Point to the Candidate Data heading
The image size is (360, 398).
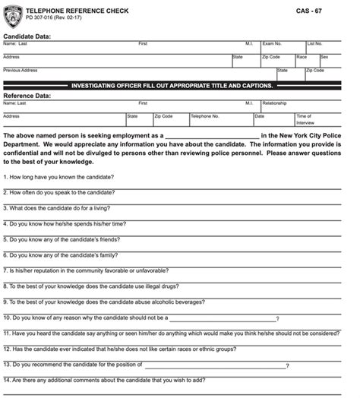27,36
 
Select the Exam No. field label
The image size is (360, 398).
272,44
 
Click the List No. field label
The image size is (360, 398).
314,44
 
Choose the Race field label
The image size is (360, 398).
302,57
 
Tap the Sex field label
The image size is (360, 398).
324,57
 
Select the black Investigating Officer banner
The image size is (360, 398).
180,86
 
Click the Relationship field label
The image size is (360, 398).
274,103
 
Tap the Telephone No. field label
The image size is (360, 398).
205,116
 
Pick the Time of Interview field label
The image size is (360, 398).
304,118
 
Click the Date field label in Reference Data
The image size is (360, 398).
259,116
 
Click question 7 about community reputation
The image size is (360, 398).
77,270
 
